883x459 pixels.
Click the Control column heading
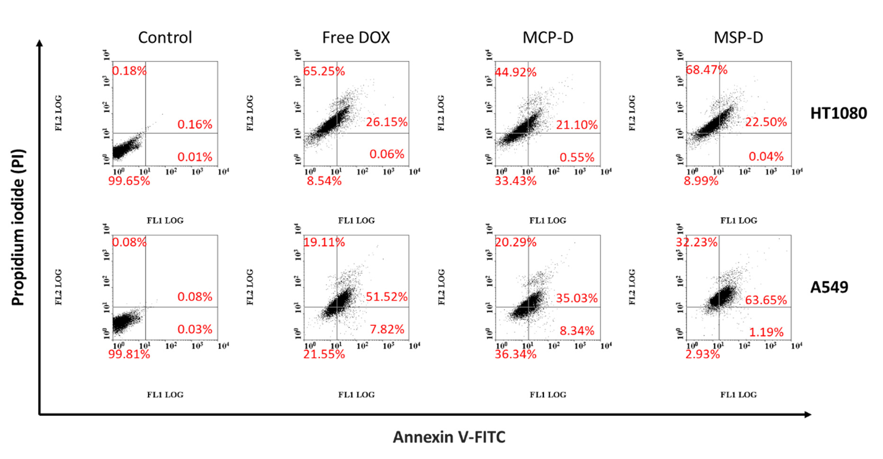coord(165,37)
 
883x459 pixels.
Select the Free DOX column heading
coord(356,37)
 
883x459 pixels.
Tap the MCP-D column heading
coord(548,37)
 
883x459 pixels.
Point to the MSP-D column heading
coord(738,37)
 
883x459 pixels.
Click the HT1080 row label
coord(838,113)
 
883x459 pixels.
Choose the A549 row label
coord(829,287)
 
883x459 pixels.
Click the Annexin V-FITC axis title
coord(449,437)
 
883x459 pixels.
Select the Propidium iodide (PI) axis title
coord(18,227)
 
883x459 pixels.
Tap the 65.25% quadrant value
coord(324,72)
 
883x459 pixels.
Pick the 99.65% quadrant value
coord(129,181)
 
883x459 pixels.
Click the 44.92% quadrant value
coord(515,72)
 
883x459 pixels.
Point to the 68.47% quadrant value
coord(706,70)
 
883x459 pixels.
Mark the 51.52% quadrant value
coord(387,297)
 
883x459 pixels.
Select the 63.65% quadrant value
coord(766,300)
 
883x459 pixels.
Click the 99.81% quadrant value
coord(129,354)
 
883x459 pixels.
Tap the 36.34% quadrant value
coord(515,354)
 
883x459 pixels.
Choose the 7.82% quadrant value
coord(387,329)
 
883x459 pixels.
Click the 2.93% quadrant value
coord(702,354)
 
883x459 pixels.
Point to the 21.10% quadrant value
coord(577,125)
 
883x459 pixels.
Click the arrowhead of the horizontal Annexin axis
coord(808,414)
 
